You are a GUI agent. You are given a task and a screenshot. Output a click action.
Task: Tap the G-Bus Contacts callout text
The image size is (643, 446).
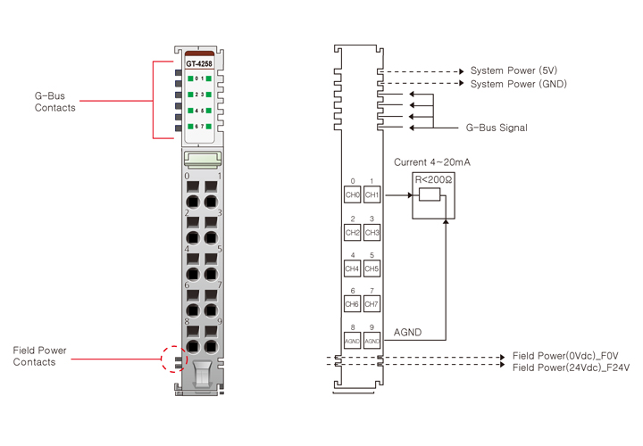tap(55, 101)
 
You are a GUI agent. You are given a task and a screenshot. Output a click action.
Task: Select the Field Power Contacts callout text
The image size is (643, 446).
tap(39, 356)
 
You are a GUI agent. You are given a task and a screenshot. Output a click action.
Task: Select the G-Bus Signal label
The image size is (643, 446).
tap(497, 128)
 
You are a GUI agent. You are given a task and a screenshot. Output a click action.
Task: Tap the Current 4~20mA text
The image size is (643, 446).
tap(431, 163)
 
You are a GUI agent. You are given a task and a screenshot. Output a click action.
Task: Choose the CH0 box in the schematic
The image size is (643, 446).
tap(352, 195)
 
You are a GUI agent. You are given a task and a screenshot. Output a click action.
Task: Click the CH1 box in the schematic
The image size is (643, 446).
tap(372, 195)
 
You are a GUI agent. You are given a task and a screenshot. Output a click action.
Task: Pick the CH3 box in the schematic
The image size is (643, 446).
tap(372, 233)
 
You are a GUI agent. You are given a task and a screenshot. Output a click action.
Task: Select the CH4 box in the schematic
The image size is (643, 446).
tap(352, 268)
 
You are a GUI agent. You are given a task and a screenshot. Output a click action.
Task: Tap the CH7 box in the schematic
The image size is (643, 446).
tap(372, 305)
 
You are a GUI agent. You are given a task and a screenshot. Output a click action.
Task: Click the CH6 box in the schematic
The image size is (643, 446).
tap(352, 305)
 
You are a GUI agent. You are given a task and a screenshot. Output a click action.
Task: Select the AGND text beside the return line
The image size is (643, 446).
tap(407, 333)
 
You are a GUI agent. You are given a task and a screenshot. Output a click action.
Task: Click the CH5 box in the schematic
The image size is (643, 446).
tap(372, 268)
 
